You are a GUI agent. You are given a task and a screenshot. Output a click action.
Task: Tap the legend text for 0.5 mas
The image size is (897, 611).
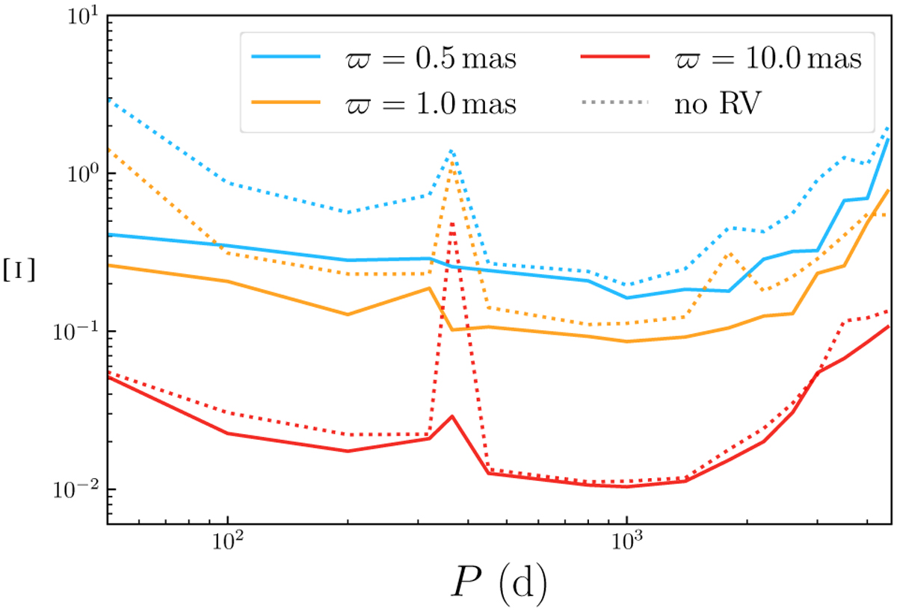pos(425,58)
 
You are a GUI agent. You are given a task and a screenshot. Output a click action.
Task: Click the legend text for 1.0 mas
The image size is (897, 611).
pos(425,102)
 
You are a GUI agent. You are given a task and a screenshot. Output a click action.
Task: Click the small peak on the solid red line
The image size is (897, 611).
pos(452,416)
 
